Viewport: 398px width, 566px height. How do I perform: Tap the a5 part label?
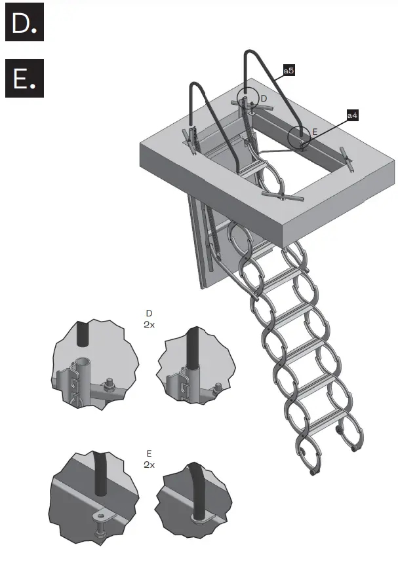tap(288, 69)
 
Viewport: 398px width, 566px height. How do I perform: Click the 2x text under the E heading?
tap(149, 464)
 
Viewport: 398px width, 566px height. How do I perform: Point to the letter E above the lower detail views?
tap(149, 453)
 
